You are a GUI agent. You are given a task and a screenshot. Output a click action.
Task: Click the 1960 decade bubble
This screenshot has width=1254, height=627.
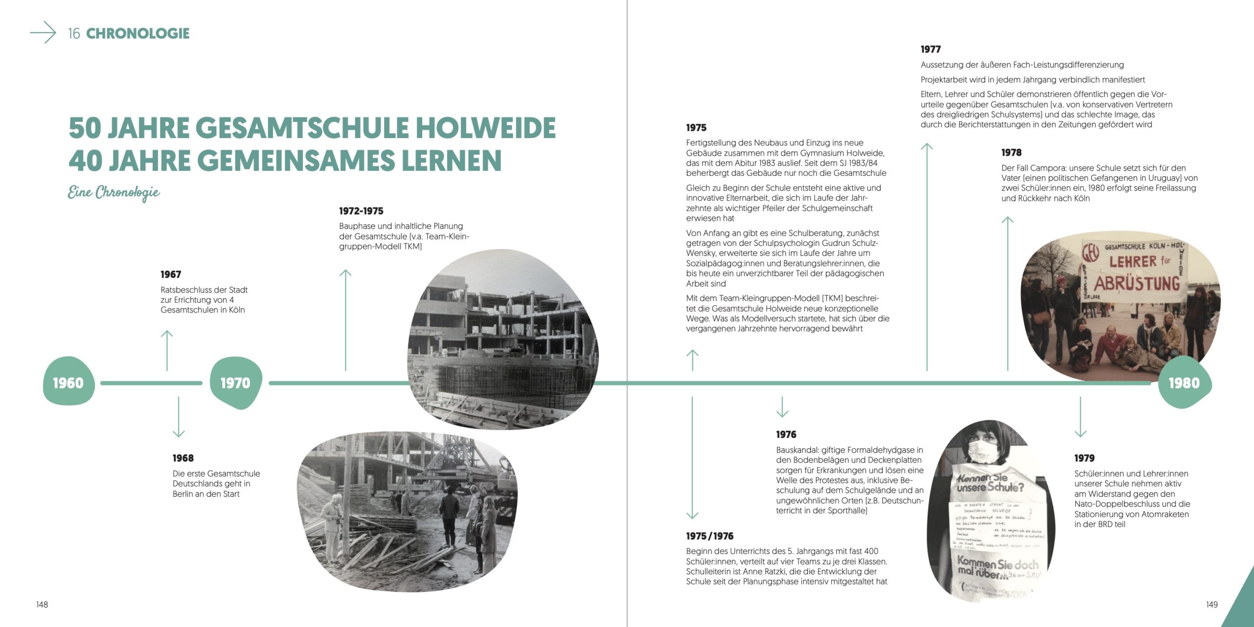[x=69, y=383]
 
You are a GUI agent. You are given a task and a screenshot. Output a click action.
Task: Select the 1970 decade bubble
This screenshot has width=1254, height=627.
[x=236, y=383]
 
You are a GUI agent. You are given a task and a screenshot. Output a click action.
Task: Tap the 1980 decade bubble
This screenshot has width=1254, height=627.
[x=1184, y=383]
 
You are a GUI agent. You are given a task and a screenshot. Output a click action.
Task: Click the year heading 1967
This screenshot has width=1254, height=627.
[x=170, y=274]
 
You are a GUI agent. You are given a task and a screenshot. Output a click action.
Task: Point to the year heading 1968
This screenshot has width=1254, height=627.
[x=183, y=458]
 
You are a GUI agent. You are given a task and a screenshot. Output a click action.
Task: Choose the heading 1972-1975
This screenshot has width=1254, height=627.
[x=361, y=211]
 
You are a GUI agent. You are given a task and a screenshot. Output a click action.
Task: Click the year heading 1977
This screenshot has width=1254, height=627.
[x=930, y=49]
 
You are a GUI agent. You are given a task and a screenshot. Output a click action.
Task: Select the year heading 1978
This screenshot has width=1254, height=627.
[x=1011, y=152]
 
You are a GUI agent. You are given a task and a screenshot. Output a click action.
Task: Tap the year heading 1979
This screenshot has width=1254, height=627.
[x=1084, y=458]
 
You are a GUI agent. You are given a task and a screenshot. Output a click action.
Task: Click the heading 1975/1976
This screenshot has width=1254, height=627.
[x=709, y=536]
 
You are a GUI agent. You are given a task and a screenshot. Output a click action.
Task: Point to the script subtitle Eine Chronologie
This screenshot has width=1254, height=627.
[x=114, y=192]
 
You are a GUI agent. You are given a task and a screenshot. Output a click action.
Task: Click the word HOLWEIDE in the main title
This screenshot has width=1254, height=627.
[x=485, y=128]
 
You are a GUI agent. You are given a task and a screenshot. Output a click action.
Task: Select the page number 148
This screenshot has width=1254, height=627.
[x=42, y=604]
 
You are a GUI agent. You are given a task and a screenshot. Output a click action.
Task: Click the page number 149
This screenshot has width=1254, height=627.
[x=1211, y=604]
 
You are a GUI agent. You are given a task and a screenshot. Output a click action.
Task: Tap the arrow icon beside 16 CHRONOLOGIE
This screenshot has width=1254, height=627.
[x=44, y=33]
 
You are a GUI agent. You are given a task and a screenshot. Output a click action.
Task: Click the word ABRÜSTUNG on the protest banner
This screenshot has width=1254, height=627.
[x=1137, y=284]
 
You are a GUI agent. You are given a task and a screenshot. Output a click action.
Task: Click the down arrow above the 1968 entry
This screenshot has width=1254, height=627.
[x=179, y=416]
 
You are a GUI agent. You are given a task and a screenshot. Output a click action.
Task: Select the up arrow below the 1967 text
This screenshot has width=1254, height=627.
[x=167, y=350]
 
